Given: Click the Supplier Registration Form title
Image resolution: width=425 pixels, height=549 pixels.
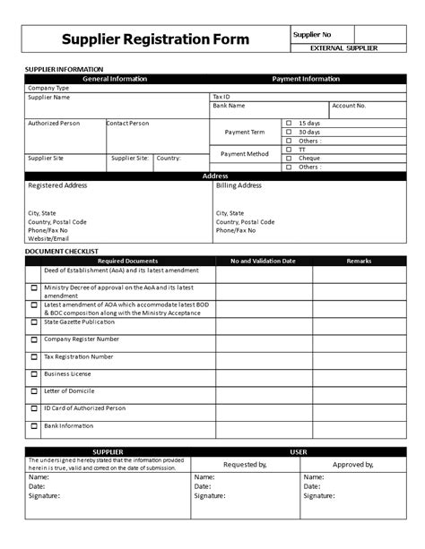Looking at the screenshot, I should [155, 39].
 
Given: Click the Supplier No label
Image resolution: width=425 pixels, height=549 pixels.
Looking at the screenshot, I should [313, 34].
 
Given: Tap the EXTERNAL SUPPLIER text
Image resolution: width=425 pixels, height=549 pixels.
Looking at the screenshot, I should [343, 47].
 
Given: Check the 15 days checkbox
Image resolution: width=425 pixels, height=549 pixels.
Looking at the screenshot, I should [289, 123].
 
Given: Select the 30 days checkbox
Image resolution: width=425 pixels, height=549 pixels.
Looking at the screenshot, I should [289, 132].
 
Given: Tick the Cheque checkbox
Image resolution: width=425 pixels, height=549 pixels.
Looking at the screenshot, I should [289, 158].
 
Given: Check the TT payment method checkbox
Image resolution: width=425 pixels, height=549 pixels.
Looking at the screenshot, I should [289, 150].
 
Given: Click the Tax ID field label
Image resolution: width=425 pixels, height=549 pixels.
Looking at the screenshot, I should [221, 96].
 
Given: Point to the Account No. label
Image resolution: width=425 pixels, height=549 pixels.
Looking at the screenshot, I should [349, 105].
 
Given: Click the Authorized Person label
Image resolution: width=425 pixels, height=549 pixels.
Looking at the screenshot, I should [54, 123].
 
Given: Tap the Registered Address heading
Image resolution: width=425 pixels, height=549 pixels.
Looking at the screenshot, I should [57, 185].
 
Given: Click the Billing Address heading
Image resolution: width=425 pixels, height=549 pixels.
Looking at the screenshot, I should [239, 185].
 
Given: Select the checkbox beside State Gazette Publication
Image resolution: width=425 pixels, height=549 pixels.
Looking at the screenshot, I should [34, 323].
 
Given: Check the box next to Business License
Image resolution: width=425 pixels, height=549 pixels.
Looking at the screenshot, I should [34, 374].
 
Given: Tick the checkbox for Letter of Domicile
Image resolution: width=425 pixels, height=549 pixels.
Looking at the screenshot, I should [34, 391].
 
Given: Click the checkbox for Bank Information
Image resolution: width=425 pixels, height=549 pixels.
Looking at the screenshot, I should [34, 426].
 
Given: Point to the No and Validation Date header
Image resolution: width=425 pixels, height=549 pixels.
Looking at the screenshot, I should [263, 261].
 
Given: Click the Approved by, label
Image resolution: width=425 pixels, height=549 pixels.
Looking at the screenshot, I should [352, 465].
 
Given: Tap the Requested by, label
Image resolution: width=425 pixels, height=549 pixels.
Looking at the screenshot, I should [245, 465].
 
